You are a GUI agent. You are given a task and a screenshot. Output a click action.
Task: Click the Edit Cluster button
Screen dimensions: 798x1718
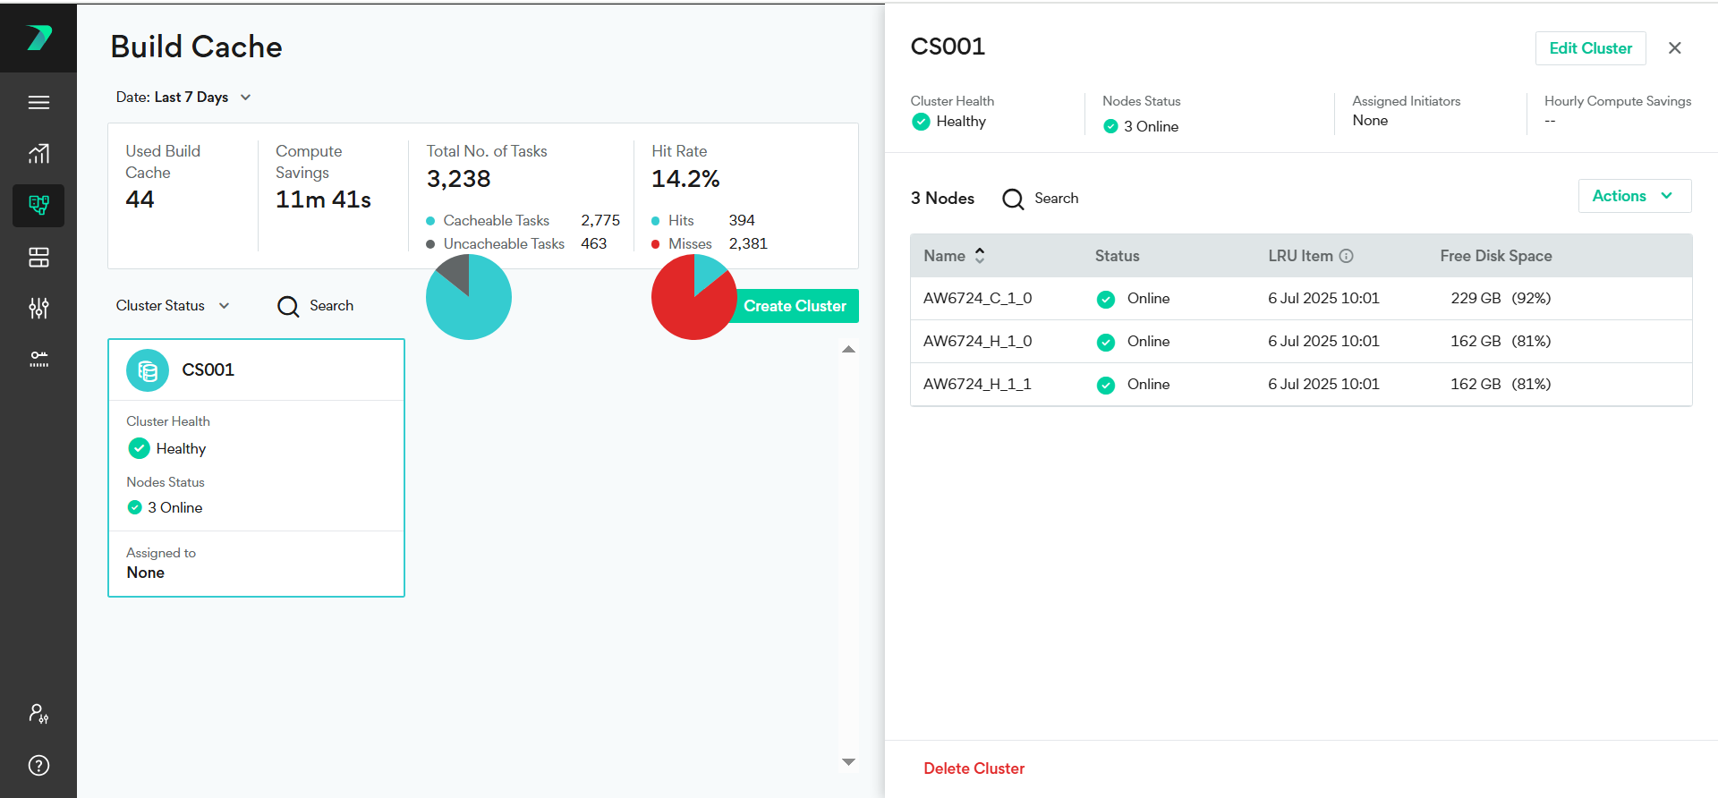tap(1590, 48)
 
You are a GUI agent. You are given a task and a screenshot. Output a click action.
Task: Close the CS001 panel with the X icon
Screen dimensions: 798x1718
tap(1674, 48)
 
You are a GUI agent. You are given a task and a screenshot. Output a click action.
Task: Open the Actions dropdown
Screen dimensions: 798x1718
tap(1633, 196)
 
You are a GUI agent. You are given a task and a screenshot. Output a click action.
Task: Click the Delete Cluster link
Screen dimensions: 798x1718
tap(974, 768)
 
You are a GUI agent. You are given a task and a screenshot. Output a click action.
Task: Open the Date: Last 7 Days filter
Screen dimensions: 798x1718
tap(183, 98)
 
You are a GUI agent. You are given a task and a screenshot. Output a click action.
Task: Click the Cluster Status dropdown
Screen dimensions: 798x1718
tap(173, 306)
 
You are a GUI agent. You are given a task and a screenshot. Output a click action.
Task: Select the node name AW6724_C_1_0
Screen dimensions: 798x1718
tap(977, 299)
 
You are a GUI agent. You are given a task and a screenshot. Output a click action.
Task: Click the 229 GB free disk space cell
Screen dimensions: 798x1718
tap(1476, 299)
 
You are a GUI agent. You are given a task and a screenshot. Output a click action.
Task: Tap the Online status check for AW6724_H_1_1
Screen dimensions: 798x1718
tap(1106, 385)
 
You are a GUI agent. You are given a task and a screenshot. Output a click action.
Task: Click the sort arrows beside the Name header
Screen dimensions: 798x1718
tap(980, 256)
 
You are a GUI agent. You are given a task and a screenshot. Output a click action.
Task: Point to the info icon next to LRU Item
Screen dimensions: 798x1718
tap(1346, 256)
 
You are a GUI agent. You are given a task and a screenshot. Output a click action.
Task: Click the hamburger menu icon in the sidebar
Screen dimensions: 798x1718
tap(38, 103)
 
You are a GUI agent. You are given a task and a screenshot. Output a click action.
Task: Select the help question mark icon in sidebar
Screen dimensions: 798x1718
tap(38, 765)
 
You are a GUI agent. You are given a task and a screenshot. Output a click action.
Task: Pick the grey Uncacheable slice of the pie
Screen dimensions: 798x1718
tap(455, 272)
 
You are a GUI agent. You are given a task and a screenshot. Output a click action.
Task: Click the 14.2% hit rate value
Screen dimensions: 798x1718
tap(685, 179)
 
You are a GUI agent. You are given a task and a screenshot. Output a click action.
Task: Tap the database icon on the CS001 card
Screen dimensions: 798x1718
tap(148, 370)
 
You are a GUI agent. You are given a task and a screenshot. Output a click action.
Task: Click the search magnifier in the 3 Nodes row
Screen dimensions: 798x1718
tap(1013, 199)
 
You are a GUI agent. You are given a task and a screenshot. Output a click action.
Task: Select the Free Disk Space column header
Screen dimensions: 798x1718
tap(1495, 256)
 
